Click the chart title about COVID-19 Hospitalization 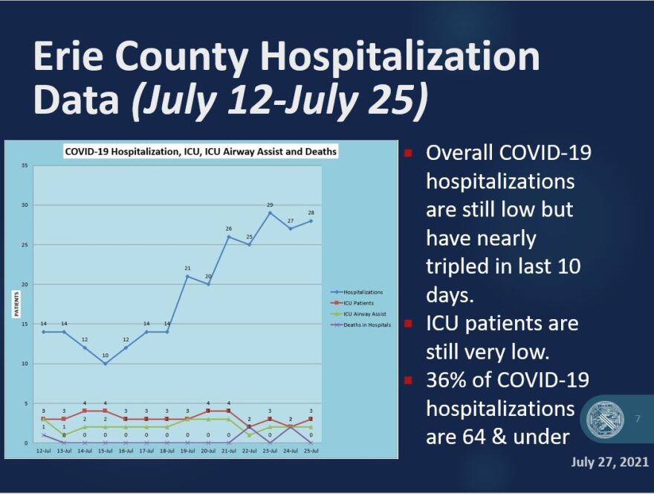pyautogui.click(x=201, y=151)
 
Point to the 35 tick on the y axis pyautogui.click(x=25, y=165)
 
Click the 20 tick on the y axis pyautogui.click(x=25, y=284)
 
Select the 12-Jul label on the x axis pyautogui.click(x=43, y=451)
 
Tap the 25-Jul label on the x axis pyautogui.click(x=311, y=451)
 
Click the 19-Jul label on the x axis pyautogui.click(x=188, y=451)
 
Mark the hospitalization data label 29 pyautogui.click(x=270, y=205)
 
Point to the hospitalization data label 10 pyautogui.click(x=106, y=356)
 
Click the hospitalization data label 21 pyautogui.click(x=188, y=268)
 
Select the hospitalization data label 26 pyautogui.click(x=229, y=228)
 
